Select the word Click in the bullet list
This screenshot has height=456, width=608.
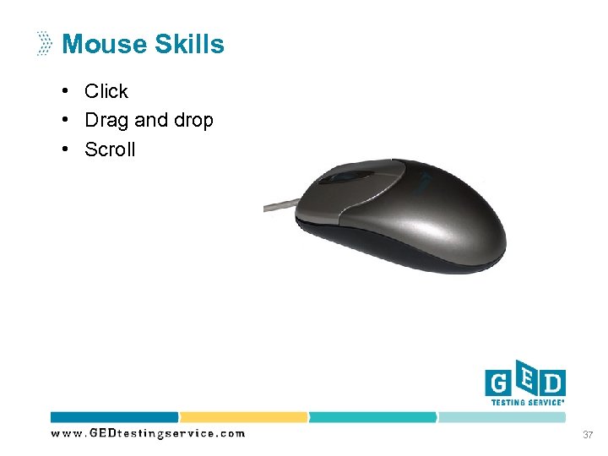(106, 91)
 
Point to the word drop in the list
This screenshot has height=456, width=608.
(193, 120)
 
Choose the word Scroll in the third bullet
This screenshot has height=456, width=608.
(110, 149)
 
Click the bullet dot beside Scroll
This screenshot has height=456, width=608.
(64, 149)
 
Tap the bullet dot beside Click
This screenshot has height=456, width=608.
(64, 91)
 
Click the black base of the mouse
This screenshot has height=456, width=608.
(397, 253)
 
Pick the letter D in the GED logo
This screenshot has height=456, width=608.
(552, 384)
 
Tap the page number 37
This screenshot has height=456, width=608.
(587, 434)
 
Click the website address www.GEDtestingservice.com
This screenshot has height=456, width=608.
(148, 433)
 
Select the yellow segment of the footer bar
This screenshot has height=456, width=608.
(243, 417)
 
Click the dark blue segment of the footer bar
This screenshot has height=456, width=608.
(114, 417)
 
